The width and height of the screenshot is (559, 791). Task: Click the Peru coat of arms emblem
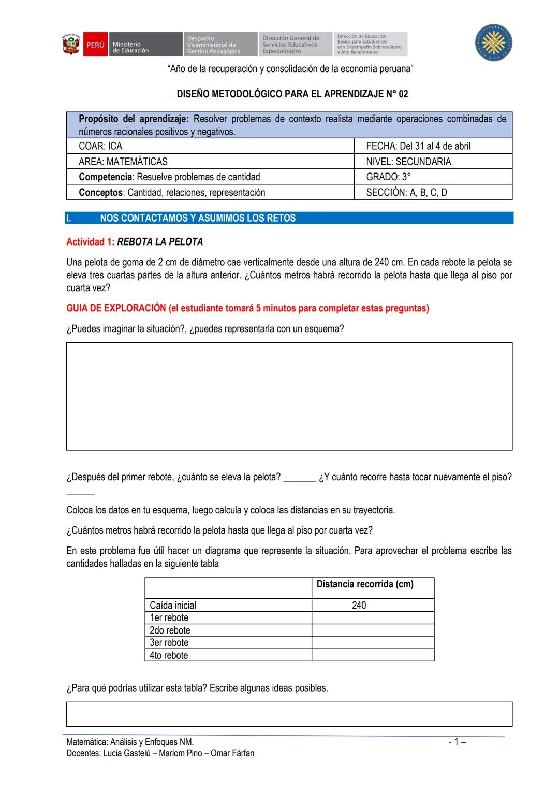point(71,45)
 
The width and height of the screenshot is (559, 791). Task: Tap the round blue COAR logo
point(494,43)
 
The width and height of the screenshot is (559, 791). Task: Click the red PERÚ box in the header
point(95,45)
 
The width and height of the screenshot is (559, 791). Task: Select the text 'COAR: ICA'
point(100,146)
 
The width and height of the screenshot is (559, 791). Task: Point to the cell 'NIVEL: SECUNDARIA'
point(408,162)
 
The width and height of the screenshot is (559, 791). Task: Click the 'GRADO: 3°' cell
point(388,177)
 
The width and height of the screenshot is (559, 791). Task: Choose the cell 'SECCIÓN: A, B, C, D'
point(406,193)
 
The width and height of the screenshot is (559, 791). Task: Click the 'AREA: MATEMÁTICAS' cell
point(123,162)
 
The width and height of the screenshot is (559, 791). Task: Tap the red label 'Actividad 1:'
point(91,242)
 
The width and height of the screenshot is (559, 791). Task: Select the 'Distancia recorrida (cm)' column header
point(365,584)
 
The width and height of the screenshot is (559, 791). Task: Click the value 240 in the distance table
point(359,605)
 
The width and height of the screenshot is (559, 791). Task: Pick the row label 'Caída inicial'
point(173,605)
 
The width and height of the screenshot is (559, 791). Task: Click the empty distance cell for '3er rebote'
point(373,643)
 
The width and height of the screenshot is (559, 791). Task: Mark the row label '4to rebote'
point(169,655)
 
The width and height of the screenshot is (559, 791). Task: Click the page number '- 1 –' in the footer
point(457,742)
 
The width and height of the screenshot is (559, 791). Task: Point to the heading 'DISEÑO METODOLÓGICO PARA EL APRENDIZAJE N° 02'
point(292,94)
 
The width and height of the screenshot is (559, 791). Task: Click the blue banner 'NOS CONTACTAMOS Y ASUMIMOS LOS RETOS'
point(198,218)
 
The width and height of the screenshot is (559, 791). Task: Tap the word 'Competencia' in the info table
point(106,177)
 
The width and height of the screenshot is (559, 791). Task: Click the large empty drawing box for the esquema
point(289,396)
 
